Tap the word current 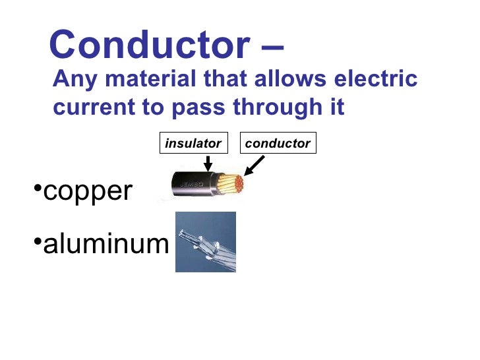point(92,107)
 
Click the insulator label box point(193,143)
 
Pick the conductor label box point(278,143)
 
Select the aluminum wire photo point(205,242)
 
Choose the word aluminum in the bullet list point(105,245)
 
